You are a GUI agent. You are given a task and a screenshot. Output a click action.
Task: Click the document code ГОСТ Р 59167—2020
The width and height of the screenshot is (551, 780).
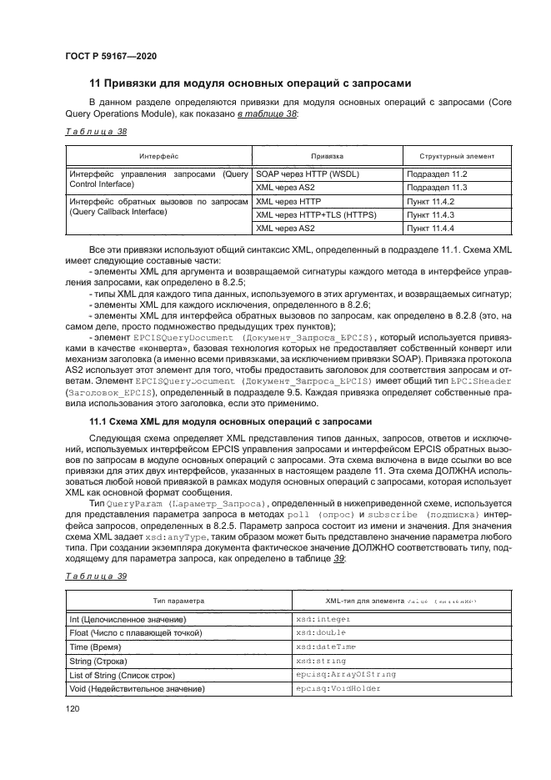[110, 56]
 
